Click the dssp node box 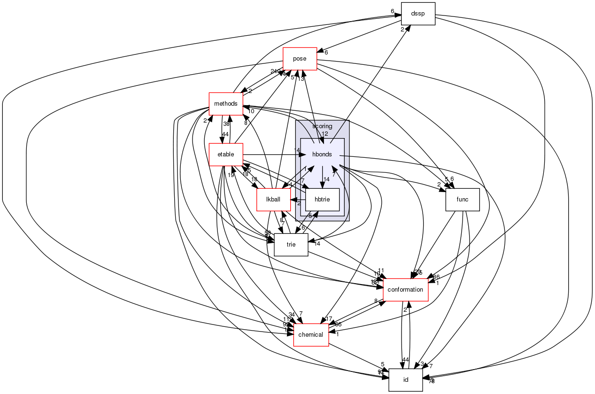pyautogui.click(x=417, y=14)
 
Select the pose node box pyautogui.click(x=300, y=59)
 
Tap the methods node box pyautogui.click(x=225, y=104)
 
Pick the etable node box pyautogui.click(x=225, y=155)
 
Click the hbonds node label pyautogui.click(x=322, y=155)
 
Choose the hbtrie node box pyautogui.click(x=322, y=200)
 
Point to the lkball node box pyautogui.click(x=273, y=200)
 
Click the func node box pyautogui.click(x=462, y=200)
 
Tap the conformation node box pyautogui.click(x=406, y=290)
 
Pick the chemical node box pyautogui.click(x=311, y=335)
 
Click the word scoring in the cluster pyautogui.click(x=322, y=126)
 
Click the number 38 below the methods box pyautogui.click(x=226, y=124)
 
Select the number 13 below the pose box pyautogui.click(x=301, y=78)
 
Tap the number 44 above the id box pyautogui.click(x=406, y=360)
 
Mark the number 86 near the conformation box pyautogui.click(x=436, y=277)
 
